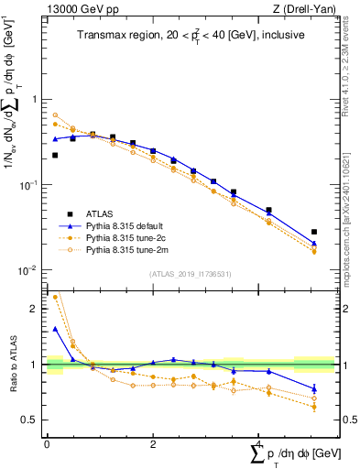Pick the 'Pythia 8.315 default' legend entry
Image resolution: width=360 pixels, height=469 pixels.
pyautogui.click(x=127, y=224)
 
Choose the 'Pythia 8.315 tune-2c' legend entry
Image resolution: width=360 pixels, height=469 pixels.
pyautogui.click(x=127, y=236)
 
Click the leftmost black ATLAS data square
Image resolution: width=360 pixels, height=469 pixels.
pyautogui.click(x=55, y=156)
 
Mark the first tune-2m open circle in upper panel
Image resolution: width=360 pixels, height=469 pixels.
pyautogui.click(x=55, y=115)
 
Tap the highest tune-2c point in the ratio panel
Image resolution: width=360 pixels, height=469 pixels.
pyautogui.click(x=55, y=297)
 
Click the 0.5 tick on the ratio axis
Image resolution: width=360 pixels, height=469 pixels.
pyautogui.click(x=34, y=420)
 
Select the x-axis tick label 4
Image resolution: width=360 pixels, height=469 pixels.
pyautogui.click(x=255, y=444)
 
